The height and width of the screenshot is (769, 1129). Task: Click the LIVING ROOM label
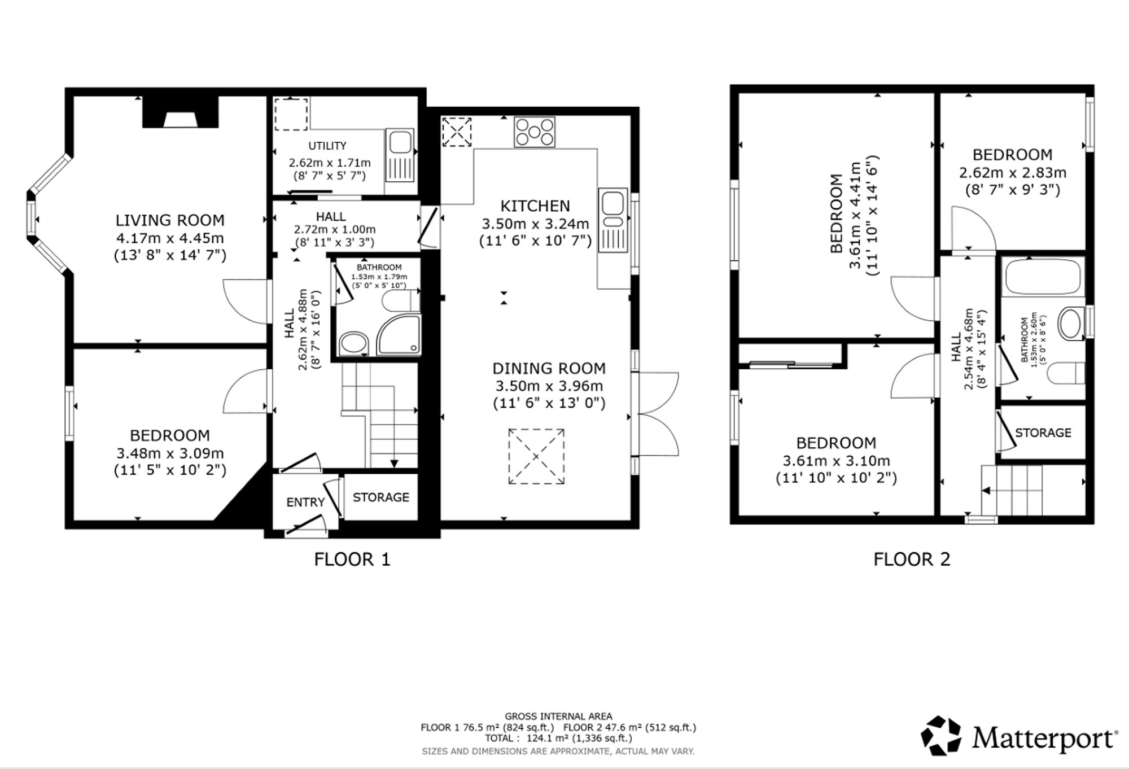[x=170, y=220]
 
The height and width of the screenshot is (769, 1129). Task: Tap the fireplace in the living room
[x=180, y=112]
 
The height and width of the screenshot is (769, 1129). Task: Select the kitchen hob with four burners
[x=534, y=132]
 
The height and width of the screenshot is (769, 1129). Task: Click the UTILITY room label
[x=327, y=146]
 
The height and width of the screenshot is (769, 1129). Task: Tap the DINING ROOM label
[x=549, y=369]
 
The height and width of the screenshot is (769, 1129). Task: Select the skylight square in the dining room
[x=536, y=456]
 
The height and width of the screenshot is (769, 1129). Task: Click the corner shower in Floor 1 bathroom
[x=399, y=335]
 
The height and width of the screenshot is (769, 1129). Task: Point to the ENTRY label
[x=305, y=503]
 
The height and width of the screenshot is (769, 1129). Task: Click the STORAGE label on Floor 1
[x=381, y=497]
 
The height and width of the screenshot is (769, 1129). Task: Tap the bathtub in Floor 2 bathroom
[x=1043, y=276]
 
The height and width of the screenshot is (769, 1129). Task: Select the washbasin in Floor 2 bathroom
[x=1071, y=323]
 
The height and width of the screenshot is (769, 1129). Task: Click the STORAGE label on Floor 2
[x=1043, y=433]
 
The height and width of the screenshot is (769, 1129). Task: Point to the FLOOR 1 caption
[x=352, y=560]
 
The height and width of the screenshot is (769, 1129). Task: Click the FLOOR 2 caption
[x=912, y=560]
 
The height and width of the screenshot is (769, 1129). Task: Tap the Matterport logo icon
[x=941, y=736]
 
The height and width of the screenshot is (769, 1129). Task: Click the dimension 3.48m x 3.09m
[x=170, y=453]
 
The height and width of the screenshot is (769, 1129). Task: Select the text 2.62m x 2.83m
[x=1013, y=173]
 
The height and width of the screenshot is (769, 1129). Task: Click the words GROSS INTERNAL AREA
[x=558, y=716]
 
